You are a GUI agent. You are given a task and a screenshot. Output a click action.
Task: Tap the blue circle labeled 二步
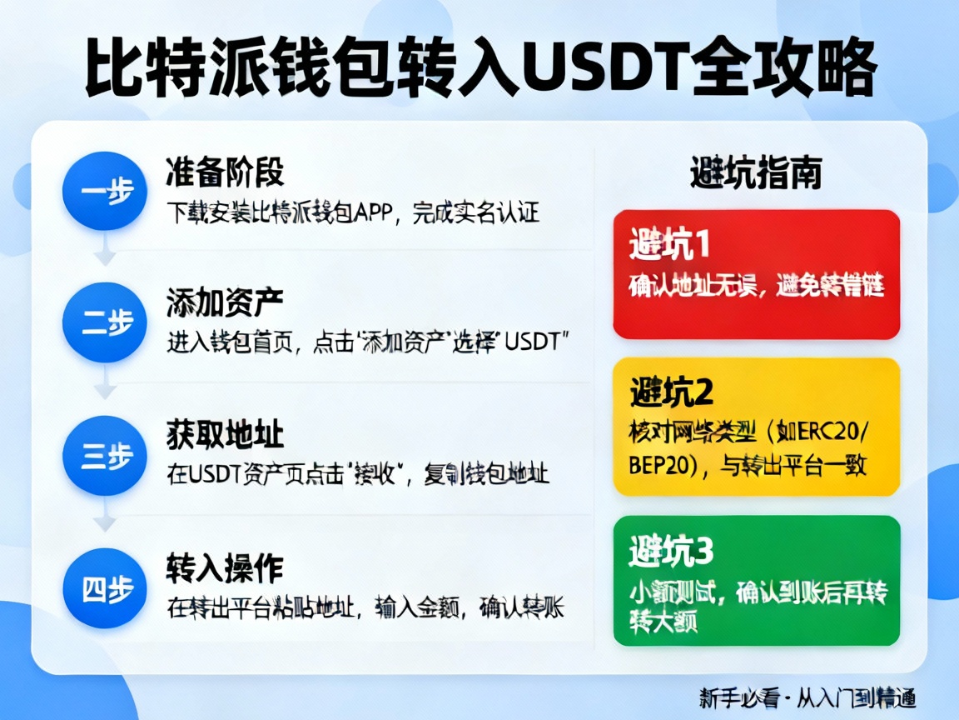[x=105, y=324]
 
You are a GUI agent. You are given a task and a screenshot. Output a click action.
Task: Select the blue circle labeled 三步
[x=105, y=457]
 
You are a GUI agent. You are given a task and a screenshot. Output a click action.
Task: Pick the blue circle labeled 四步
[x=105, y=589]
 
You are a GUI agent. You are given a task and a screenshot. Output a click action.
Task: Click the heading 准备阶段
[x=225, y=172]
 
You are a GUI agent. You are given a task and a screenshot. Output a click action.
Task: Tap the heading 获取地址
[x=225, y=436]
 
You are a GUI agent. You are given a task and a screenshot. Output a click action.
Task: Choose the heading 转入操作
[x=225, y=568]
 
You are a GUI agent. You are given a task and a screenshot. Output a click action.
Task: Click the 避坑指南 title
[x=756, y=173]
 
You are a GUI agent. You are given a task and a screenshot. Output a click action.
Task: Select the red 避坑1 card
[x=756, y=274]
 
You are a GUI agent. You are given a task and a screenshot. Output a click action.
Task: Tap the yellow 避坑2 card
[x=756, y=427]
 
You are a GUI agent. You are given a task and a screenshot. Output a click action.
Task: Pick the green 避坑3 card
[x=756, y=580]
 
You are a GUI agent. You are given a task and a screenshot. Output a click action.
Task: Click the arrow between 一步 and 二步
[x=105, y=253]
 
